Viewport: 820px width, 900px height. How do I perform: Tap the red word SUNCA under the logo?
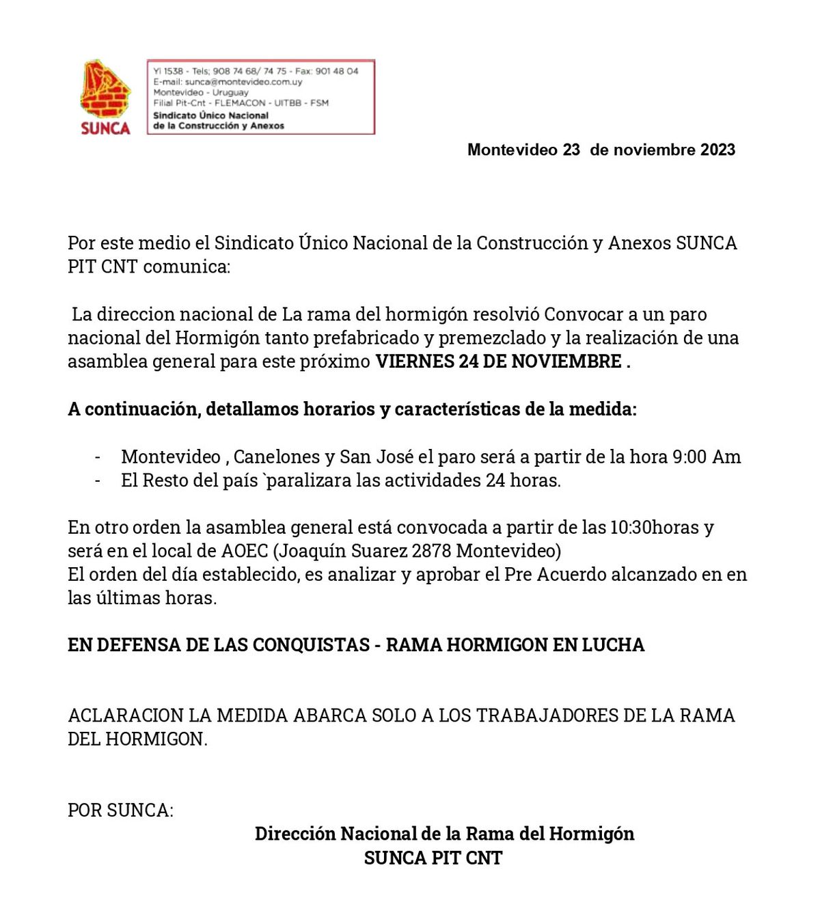pos(105,128)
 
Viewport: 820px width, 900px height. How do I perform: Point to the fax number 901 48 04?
pos(336,71)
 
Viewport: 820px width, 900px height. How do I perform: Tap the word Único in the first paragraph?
pos(323,243)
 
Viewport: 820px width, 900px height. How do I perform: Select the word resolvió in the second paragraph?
pos(506,314)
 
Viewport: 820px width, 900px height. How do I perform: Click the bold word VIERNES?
pos(414,362)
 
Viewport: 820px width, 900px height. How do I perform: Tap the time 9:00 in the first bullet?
pos(689,456)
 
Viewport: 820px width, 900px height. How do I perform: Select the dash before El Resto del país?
pos(98,480)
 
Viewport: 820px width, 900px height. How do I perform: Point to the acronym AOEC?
pos(245,551)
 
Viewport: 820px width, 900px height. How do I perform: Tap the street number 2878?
pos(432,551)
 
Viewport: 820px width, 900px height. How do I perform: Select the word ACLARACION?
pos(125,715)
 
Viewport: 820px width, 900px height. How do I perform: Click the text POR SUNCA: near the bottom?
pos(120,810)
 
